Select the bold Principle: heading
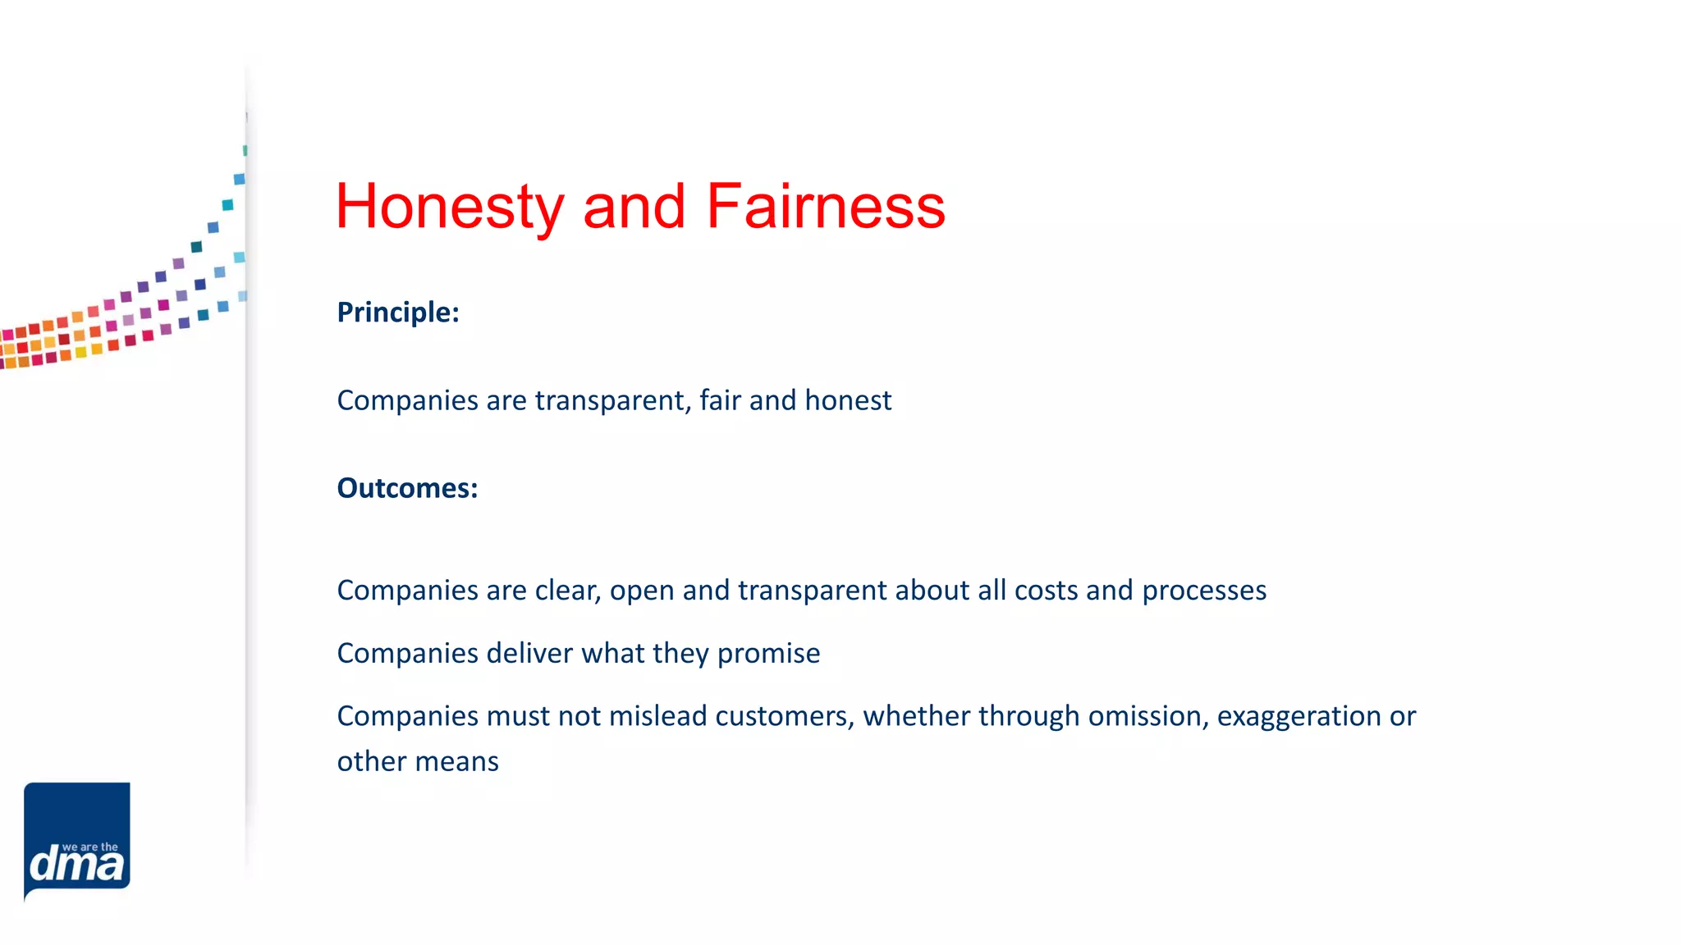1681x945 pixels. tap(398, 313)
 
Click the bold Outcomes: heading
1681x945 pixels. tap(407, 488)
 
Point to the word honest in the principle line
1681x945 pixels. tap(848, 400)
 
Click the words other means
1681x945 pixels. tap(418, 761)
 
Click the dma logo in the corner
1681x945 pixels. tap(77, 841)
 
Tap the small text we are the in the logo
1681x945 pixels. tap(90, 847)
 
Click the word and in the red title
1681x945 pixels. tap(634, 207)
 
